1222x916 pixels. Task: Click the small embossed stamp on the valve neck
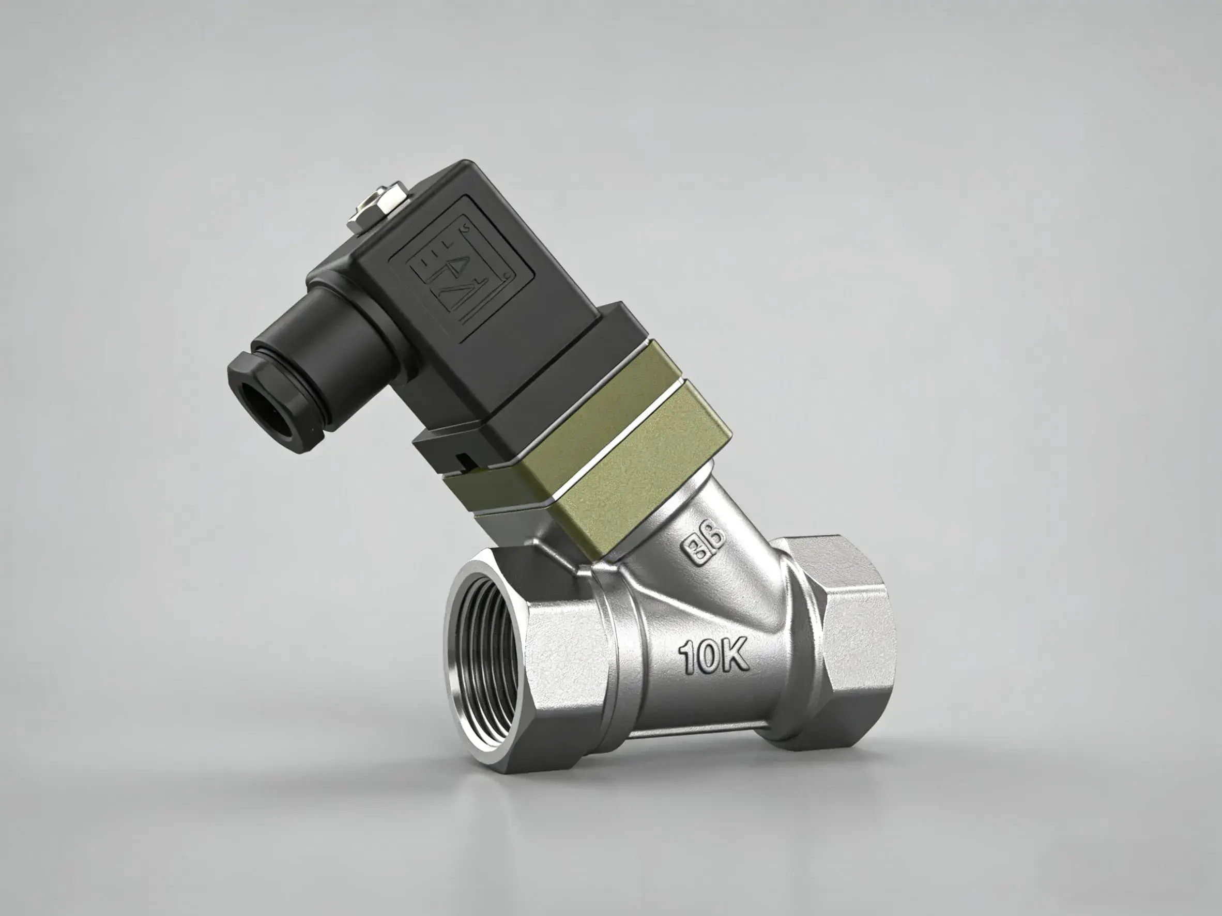[x=705, y=548]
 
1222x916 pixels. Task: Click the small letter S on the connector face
[x=465, y=227]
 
